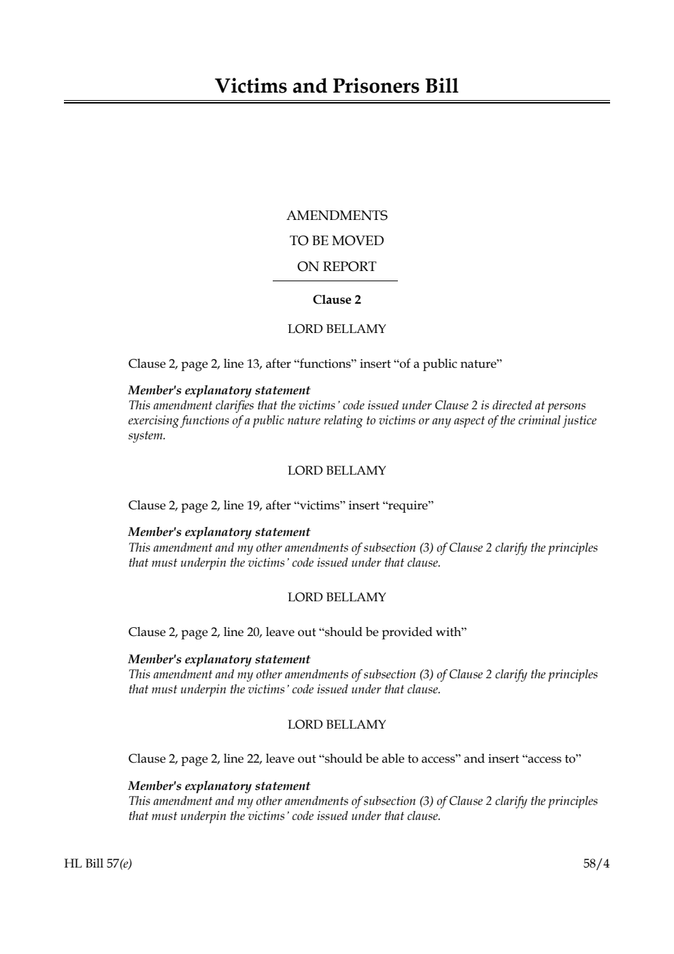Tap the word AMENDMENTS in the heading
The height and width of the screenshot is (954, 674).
coord(337,216)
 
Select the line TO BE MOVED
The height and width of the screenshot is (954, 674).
coord(337,241)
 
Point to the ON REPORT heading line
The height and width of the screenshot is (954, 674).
coord(337,267)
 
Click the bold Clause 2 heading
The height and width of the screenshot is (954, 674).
coord(337,300)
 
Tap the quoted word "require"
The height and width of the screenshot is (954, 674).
coord(408,505)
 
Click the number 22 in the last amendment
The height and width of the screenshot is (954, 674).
coord(253,759)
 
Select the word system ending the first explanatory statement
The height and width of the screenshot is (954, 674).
coord(146,436)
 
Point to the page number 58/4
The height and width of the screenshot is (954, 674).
coord(596,864)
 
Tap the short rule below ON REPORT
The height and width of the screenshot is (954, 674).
coord(335,281)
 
